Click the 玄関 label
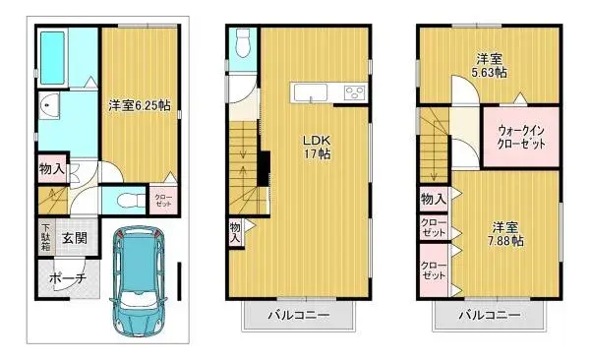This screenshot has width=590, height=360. (75, 238)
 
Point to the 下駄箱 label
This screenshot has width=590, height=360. (46, 237)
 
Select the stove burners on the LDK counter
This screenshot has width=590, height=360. (351, 93)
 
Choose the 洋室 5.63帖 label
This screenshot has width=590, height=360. (489, 65)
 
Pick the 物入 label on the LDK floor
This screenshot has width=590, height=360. (236, 231)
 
